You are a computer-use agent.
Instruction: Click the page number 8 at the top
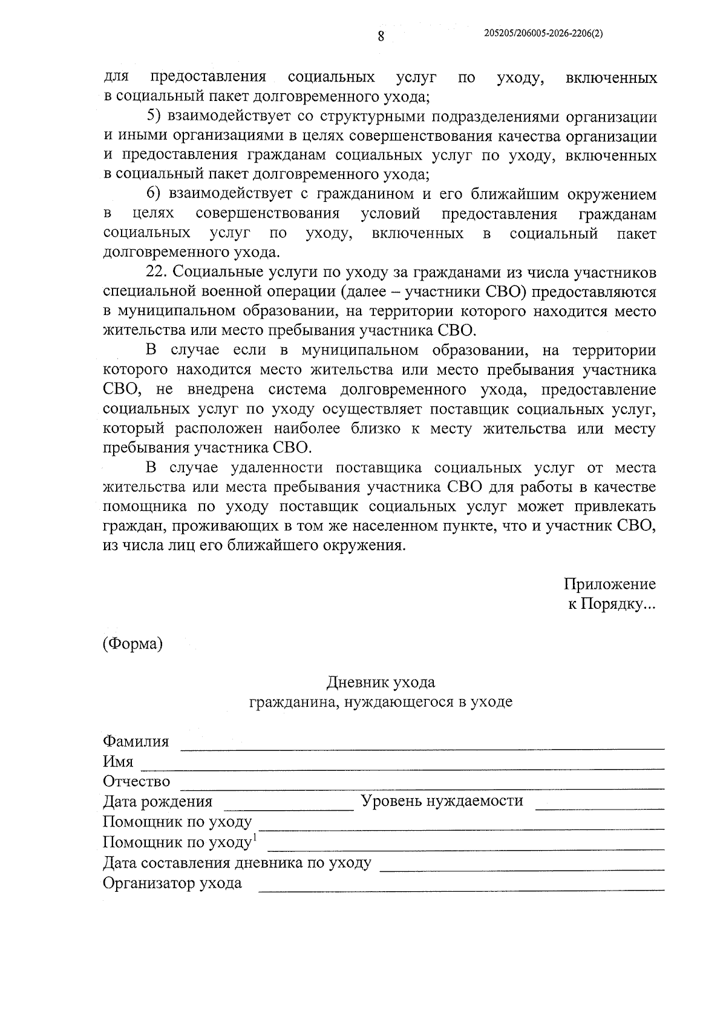[x=381, y=36]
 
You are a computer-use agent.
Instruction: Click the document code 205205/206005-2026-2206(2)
[x=543, y=34]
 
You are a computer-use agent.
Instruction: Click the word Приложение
[x=609, y=585]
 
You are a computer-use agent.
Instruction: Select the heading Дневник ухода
[x=381, y=683]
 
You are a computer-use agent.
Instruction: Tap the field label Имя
[x=118, y=762]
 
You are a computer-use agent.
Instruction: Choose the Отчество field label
[x=137, y=782]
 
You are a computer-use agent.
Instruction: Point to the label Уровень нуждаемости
[x=442, y=802]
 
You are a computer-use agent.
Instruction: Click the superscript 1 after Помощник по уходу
[x=255, y=837]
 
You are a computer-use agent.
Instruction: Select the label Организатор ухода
[x=172, y=883]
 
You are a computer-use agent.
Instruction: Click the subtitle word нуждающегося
[x=396, y=702]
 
